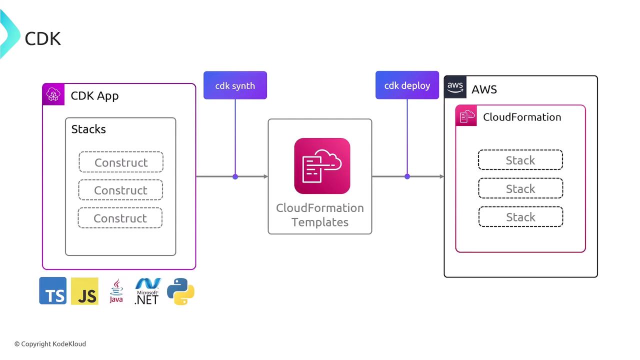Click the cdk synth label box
235,85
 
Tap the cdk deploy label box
407,85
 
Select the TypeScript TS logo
53,291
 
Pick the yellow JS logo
84,291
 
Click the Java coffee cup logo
116,291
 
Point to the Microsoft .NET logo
147,291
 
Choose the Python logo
180,291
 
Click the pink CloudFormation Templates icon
322,166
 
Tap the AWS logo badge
455,87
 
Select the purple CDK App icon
53,94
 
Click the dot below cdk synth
235,176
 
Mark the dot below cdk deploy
407,176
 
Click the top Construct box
121,162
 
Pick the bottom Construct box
120,218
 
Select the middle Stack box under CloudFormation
520,188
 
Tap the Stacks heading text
88,129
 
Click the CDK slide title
42,38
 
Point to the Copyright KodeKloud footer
50,344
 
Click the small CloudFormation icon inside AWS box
466,116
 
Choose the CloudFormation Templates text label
320,215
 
